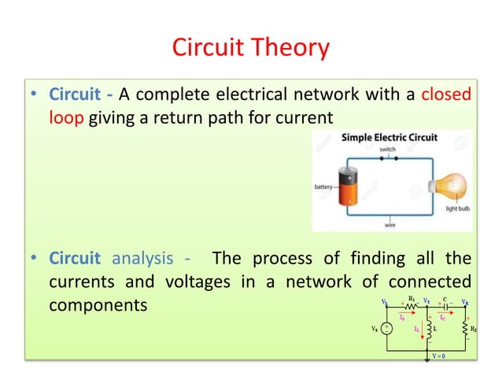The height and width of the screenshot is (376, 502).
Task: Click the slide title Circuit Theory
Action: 250,49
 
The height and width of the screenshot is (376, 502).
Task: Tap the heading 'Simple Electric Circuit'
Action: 389,138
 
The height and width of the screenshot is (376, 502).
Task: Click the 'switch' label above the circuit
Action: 387,149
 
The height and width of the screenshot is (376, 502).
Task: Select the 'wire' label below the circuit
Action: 389,224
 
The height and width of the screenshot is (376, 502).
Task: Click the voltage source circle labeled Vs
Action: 387,330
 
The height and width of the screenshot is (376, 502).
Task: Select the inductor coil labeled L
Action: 429,330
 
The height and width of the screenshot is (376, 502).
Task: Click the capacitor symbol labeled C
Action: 445,305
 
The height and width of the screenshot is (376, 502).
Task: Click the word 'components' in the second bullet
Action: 98,304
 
